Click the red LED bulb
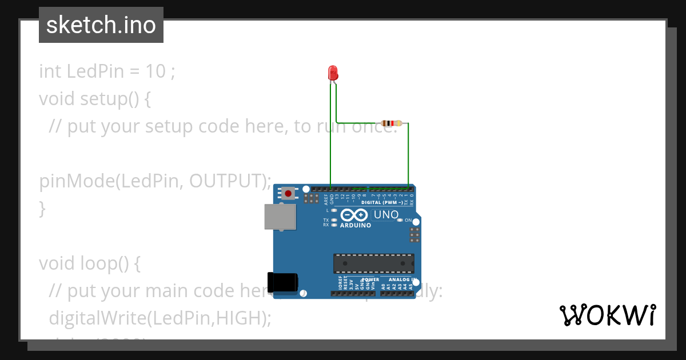(333, 73)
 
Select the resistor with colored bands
(391, 123)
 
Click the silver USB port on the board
(280, 218)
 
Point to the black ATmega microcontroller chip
(374, 263)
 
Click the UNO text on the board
(386, 215)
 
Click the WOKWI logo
(607, 315)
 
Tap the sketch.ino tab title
(101, 25)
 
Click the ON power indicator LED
(400, 220)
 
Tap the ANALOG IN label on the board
(402, 280)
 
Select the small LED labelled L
(333, 211)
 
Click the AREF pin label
(326, 199)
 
